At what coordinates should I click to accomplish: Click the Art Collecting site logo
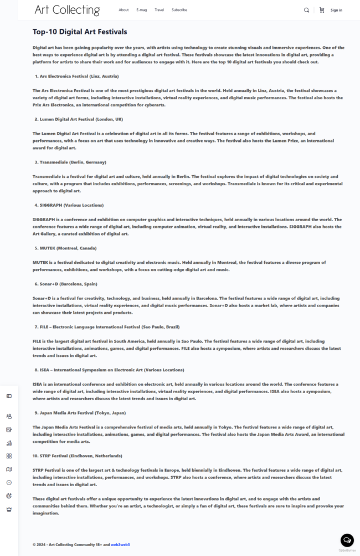[67, 10]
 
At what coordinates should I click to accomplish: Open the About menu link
[124, 10]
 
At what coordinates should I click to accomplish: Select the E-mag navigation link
[141, 10]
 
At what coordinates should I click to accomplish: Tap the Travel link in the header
[159, 10]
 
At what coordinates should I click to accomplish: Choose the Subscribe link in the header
[179, 10]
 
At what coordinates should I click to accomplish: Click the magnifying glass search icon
[307, 10]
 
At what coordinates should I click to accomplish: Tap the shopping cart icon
[322, 10]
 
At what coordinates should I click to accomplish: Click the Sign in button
[336, 10]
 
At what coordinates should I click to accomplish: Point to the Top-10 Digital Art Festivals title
[80, 32]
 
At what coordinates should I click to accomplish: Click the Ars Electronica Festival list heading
[79, 76]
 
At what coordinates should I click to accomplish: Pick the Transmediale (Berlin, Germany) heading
[73, 162]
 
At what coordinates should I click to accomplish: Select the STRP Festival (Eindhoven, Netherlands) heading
[78, 456]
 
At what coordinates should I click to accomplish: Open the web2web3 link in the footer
[120, 545]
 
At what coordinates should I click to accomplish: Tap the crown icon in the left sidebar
[9, 509]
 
